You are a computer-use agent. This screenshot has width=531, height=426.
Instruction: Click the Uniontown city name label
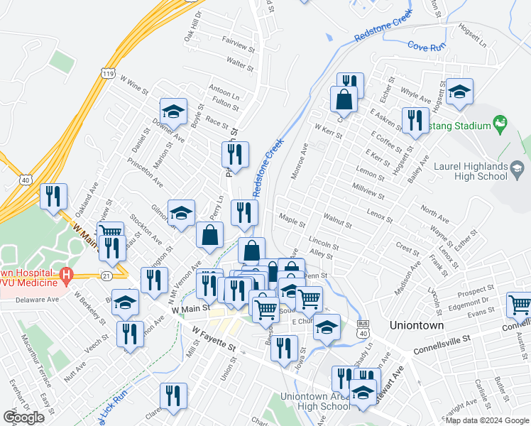tap(417, 325)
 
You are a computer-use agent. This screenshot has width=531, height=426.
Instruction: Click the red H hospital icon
tap(66, 273)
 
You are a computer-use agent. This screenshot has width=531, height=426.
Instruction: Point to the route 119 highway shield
tap(107, 73)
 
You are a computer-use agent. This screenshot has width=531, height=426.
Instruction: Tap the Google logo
tap(24, 417)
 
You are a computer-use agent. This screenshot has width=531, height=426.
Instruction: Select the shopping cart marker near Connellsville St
tap(520, 305)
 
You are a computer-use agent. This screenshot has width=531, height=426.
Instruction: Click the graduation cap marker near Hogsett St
tap(459, 92)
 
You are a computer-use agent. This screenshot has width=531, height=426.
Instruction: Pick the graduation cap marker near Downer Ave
tap(173, 111)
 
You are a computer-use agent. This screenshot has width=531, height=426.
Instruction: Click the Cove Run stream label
tap(425, 45)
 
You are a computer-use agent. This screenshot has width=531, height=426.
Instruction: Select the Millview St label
tap(368, 191)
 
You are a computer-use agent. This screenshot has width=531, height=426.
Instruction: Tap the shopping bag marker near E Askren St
tap(344, 100)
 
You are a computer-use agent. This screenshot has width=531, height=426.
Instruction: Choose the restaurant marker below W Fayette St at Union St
tap(173, 397)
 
